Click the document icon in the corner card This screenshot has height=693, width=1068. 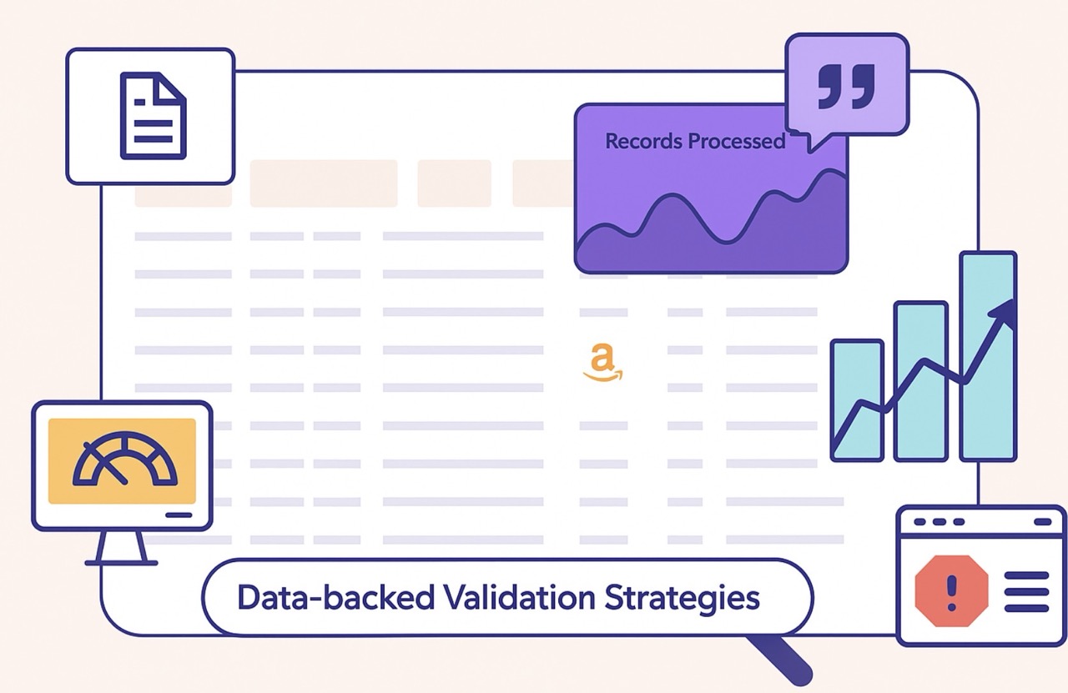coord(153,115)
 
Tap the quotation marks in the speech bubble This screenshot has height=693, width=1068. coord(845,85)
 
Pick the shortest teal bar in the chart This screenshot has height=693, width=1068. coord(857,400)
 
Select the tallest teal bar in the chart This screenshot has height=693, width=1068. coord(988,356)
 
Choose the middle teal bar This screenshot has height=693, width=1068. coord(921,381)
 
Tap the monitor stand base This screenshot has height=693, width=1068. coord(122,561)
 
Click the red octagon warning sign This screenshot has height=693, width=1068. coord(952,591)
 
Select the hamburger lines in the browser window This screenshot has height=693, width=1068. coord(1026,591)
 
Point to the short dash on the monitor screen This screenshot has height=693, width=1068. coord(179,515)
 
